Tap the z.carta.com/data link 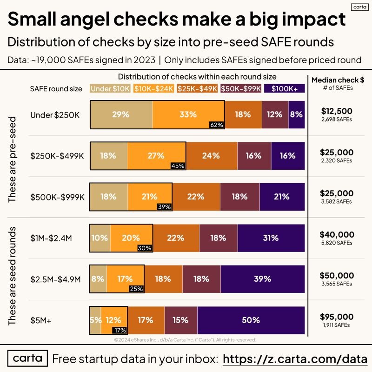tap(295, 359)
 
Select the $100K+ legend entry tap(284, 88)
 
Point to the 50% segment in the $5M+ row tap(251, 320)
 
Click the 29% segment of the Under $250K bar tap(121, 114)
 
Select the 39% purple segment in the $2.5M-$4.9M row tap(263, 279)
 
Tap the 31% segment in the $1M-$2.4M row tap(271, 238)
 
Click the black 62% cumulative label tap(217, 125)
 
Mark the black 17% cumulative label tap(120, 331)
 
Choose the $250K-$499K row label tap(57, 156)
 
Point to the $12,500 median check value tap(337, 111)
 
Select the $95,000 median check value tap(337, 317)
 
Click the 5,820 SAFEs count tap(337, 243)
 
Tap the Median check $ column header tap(338, 80)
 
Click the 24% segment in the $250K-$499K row tap(211, 156)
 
